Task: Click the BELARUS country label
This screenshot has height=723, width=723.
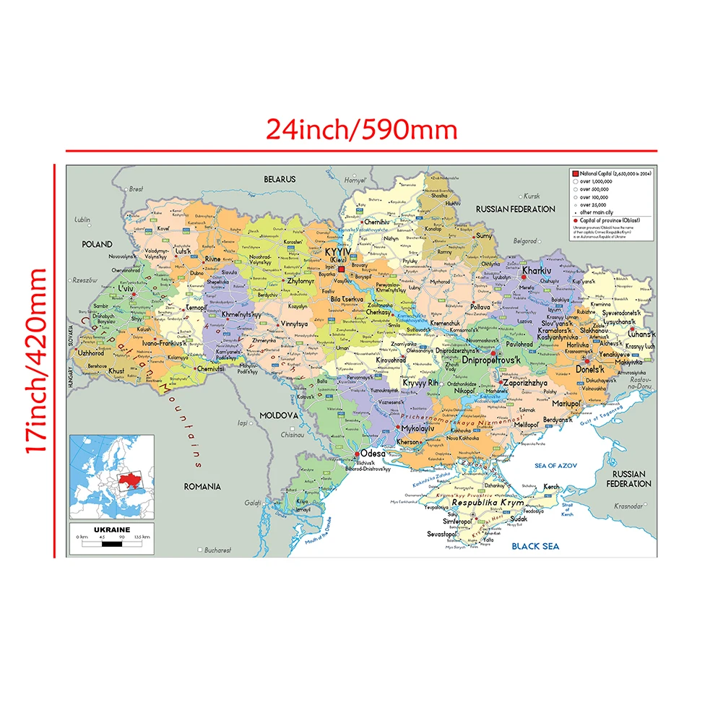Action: click(x=280, y=178)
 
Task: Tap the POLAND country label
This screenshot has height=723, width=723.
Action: click(x=98, y=244)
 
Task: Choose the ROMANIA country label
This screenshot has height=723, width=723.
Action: click(x=202, y=487)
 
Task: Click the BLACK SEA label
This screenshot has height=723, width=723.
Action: click(x=535, y=546)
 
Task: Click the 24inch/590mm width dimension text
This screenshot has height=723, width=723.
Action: click(x=362, y=129)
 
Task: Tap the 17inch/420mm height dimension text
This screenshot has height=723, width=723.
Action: click(x=37, y=360)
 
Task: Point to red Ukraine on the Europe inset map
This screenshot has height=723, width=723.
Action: click(x=132, y=482)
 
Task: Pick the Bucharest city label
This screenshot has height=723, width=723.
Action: click(x=217, y=550)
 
